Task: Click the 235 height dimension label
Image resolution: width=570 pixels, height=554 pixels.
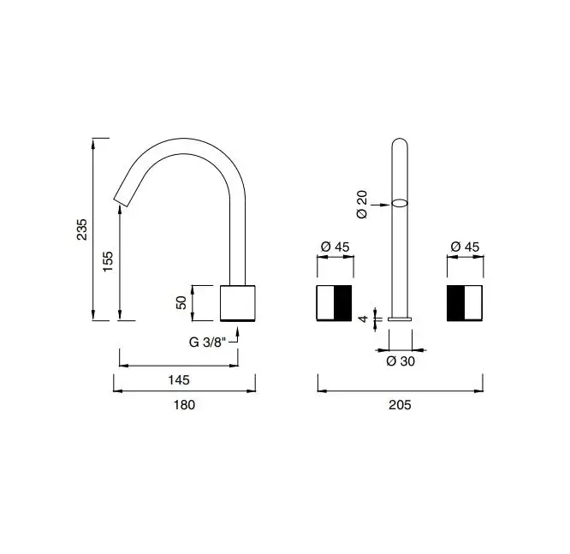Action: pyautogui.click(x=82, y=229)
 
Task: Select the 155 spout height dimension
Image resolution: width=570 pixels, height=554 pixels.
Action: pyautogui.click(x=108, y=261)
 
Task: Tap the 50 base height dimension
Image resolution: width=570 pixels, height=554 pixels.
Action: pyautogui.click(x=181, y=302)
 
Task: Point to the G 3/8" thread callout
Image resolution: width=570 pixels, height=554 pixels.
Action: pyautogui.click(x=208, y=343)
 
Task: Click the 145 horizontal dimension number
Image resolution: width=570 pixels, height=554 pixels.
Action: pyautogui.click(x=179, y=380)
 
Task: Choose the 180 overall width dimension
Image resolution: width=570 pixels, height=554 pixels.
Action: pyautogui.click(x=184, y=405)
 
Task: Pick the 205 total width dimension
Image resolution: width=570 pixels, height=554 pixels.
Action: pyautogui.click(x=400, y=405)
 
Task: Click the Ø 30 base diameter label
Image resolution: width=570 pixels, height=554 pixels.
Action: pyautogui.click(x=401, y=361)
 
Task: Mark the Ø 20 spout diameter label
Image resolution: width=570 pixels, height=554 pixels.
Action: pyautogui.click(x=362, y=204)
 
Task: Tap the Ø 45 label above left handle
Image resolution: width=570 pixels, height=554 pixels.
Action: pyautogui.click(x=335, y=247)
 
